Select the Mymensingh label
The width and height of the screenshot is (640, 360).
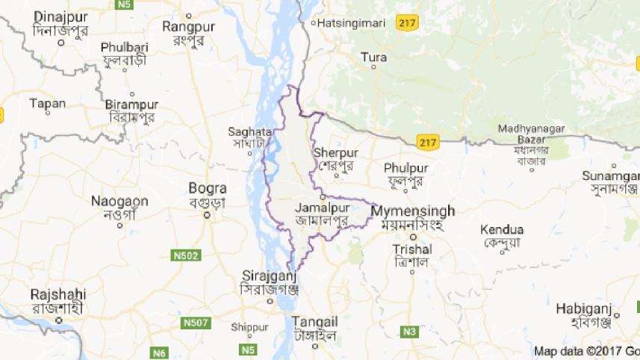(413, 211)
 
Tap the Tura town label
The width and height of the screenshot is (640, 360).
(373, 57)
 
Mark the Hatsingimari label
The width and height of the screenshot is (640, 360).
(351, 23)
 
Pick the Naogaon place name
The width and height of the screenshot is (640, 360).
(119, 201)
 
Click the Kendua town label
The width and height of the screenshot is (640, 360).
(502, 229)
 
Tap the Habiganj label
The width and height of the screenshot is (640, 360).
(583, 308)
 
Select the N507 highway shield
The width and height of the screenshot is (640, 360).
(196, 323)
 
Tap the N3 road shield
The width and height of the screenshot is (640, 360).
(408, 331)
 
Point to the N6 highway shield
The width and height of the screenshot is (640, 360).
(158, 352)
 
